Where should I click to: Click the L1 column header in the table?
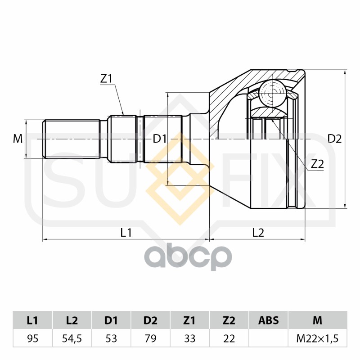coord(32,320)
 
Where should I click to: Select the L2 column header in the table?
coord(72,320)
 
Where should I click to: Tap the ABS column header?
coord(268,320)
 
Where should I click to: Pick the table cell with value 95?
coord(32,338)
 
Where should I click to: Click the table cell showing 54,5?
coord(72,338)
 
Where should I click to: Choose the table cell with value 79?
coord(150,338)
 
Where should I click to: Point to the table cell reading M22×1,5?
coord(318,338)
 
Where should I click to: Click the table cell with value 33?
coord(189,338)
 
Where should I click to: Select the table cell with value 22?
coord(229,338)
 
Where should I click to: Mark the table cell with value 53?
coord(111,338)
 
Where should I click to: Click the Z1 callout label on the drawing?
coord(107,78)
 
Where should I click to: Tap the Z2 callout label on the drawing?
coord(317,165)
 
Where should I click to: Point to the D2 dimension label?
coord(334,139)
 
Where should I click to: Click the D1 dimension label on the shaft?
coord(160,139)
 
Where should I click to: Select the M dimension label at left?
coord(18,139)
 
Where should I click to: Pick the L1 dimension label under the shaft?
coord(126,233)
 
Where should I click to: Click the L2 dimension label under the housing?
coord(258,233)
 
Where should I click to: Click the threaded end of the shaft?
coord(71,139)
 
